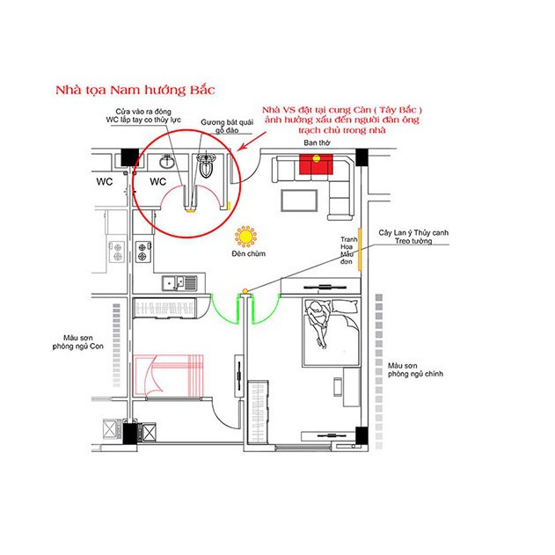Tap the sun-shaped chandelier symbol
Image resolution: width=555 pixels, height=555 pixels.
pyautogui.click(x=245, y=237)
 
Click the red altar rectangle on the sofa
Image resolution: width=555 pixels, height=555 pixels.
pyautogui.click(x=316, y=164)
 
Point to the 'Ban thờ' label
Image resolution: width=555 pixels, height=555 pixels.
pyautogui.click(x=316, y=142)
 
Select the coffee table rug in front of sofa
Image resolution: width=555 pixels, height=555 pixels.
pyautogui.click(x=296, y=200)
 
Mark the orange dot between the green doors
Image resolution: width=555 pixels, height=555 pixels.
pyautogui.click(x=245, y=290)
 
